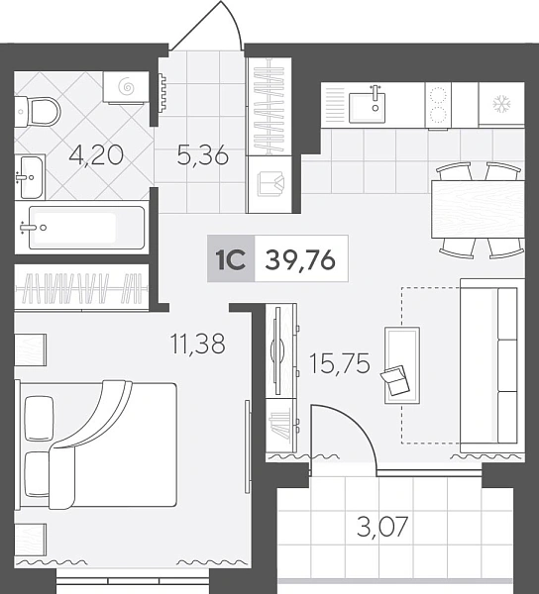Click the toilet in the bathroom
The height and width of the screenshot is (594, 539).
(x=38, y=111)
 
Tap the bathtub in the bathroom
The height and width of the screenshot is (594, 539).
(x=86, y=228)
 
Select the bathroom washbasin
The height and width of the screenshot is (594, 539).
(x=31, y=177)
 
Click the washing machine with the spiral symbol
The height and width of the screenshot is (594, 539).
(x=126, y=87)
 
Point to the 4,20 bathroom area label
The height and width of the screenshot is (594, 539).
(x=96, y=155)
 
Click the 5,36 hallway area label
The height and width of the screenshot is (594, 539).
(x=203, y=155)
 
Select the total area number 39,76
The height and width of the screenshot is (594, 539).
(x=300, y=260)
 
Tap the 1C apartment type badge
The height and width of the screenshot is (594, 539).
(x=231, y=258)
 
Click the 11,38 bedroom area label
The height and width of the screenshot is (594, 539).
(x=198, y=344)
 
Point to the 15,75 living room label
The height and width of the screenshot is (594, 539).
(x=340, y=363)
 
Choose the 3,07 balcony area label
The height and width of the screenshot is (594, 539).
(x=382, y=527)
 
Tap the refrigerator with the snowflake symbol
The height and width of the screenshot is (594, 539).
(x=501, y=104)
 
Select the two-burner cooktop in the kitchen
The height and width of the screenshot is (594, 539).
(x=438, y=105)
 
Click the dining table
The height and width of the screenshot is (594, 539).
(x=478, y=209)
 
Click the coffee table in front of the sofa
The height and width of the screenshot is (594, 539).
(x=402, y=365)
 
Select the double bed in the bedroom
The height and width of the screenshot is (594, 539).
(x=96, y=445)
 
